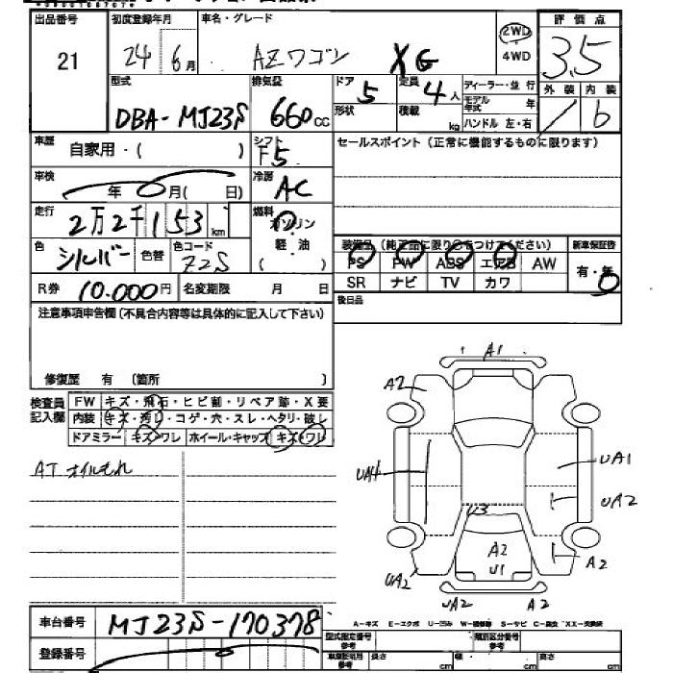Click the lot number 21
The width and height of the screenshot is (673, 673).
67,62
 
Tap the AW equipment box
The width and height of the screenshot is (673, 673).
544,262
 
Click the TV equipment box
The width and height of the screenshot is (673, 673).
450,283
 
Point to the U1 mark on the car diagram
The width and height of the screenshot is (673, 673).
495,569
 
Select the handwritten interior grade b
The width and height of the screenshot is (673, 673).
603,116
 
